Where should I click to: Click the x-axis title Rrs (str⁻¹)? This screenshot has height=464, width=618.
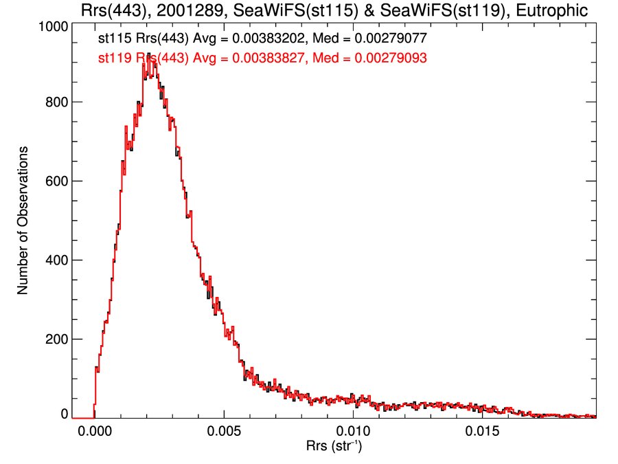pos(334,448)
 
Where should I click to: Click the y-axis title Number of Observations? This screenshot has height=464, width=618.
pos(23,221)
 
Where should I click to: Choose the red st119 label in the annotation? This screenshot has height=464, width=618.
pos(112,59)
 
